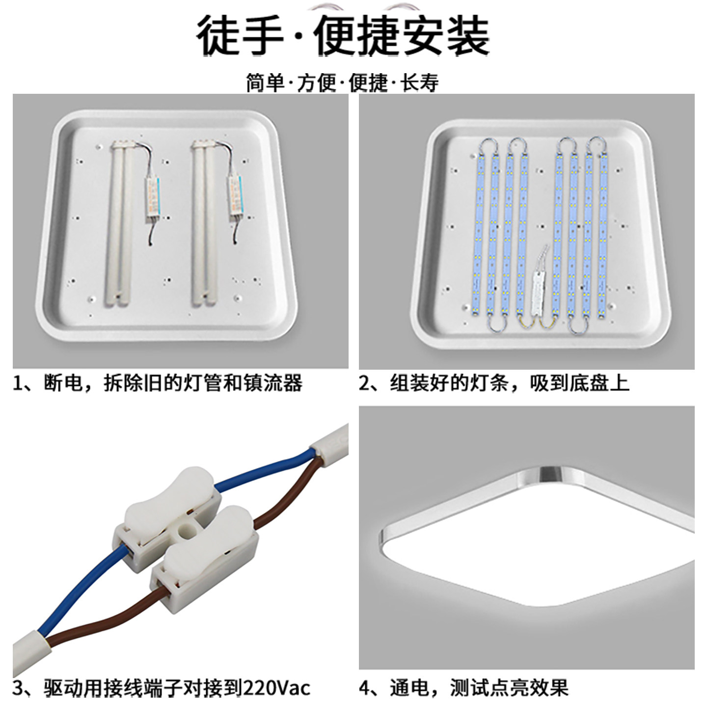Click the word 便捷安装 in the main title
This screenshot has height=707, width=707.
[x=402, y=35]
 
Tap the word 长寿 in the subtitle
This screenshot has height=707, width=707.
[x=420, y=83]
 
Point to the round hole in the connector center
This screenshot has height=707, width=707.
[x=186, y=531]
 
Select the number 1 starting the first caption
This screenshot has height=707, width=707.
[x=18, y=383]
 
